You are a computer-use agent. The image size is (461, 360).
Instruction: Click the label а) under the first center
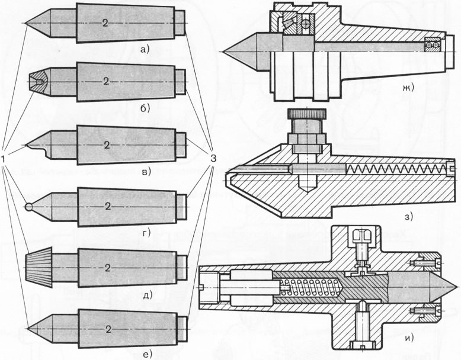(x=143, y=50)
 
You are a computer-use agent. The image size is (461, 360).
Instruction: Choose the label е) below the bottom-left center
(x=144, y=354)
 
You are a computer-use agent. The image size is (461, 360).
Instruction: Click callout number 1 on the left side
(x=5, y=159)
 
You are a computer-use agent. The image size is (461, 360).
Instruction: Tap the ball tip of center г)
(x=30, y=207)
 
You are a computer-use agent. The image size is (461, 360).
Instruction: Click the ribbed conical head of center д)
(x=39, y=268)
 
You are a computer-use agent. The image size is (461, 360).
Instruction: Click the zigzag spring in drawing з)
(x=397, y=169)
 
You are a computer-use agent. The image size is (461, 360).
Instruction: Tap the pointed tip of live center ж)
(x=225, y=53)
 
